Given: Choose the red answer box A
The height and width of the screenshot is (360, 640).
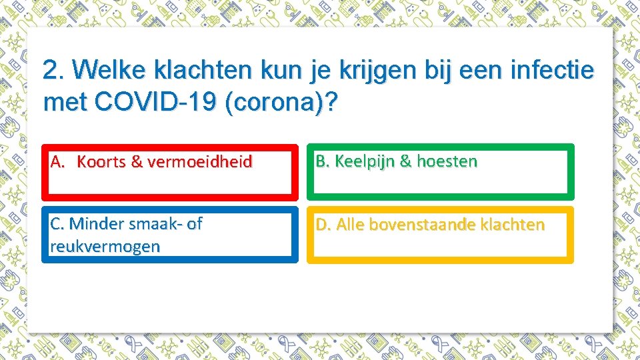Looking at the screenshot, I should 170,173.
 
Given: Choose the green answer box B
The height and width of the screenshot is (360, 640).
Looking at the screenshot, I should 440,173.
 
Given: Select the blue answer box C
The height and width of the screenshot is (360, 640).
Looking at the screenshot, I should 170,235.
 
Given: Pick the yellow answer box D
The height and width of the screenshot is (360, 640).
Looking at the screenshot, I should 440,235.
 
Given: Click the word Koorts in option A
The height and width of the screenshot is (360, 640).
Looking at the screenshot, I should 101,161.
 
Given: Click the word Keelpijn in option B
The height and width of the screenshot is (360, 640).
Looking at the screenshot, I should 362,161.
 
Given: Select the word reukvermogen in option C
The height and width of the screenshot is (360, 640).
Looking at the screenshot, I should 105,246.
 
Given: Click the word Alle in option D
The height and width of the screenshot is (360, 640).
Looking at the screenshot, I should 350,225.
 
